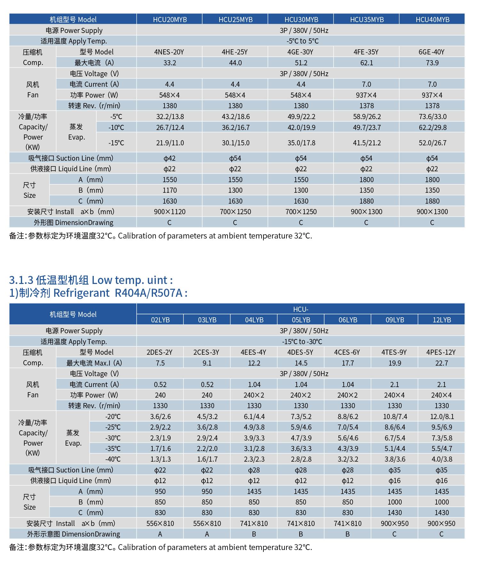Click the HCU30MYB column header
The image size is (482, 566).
[x=301, y=20]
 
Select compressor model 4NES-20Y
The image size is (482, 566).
[x=169, y=52]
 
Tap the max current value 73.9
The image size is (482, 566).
[x=432, y=63]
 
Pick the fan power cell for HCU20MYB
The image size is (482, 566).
[x=169, y=95]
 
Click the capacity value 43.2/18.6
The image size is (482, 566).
[x=235, y=117]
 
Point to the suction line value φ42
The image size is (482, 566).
[x=169, y=158]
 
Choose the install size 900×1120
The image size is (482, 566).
[x=169, y=212]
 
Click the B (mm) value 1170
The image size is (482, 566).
[x=169, y=190]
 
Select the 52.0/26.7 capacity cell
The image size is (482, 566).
[x=432, y=143]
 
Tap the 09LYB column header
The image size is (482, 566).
[x=395, y=320]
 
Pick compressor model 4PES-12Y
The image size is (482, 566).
[x=441, y=352]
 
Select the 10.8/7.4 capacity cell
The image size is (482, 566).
[x=395, y=416]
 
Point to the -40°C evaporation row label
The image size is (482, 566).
[x=113, y=459]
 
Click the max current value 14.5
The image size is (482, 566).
[x=301, y=363]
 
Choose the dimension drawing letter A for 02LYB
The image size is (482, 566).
[x=160, y=534]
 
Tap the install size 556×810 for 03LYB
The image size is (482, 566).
[x=207, y=523]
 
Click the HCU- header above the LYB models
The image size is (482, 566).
[x=301, y=309]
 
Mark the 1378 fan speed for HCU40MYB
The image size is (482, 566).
[x=432, y=106]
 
